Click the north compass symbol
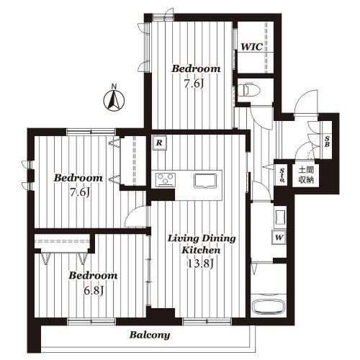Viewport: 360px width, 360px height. click(114, 101)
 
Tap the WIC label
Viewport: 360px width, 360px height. click(252, 47)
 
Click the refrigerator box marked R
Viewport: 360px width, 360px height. click(159, 143)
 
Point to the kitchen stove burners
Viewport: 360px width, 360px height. click(166, 179)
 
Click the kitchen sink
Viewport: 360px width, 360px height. click(205, 180)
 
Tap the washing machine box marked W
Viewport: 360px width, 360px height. click(279, 238)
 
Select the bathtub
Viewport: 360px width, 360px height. click(269, 306)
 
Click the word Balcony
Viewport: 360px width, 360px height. click(150, 335)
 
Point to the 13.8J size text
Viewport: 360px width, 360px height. click(200, 264)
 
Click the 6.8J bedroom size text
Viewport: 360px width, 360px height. click(94, 291)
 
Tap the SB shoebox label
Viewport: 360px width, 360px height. click(327, 141)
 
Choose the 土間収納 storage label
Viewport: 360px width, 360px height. click(306, 175)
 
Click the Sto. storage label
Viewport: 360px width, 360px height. click(282, 175)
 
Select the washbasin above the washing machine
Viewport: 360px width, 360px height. click(280, 218)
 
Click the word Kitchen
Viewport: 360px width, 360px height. click(201, 251)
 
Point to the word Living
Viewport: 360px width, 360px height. click(183, 239)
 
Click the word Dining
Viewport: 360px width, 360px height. click(219, 239)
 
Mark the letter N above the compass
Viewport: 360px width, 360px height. click(114, 86)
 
